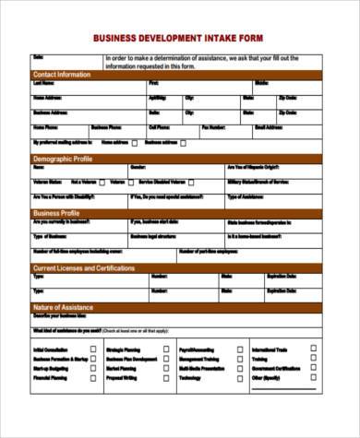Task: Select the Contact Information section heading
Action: [x=62, y=74]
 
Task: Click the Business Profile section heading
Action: [x=58, y=213]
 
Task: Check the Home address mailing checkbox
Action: [x=135, y=144]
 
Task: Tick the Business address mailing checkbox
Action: [x=182, y=144]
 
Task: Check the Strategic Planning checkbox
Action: [x=165, y=349]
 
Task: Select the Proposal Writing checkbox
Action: [x=165, y=377]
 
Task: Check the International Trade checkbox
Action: [x=313, y=349]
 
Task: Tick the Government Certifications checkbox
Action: [x=313, y=368]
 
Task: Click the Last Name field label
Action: [x=42, y=83]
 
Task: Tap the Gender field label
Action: [x=138, y=168]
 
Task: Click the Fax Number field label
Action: [x=213, y=127]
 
